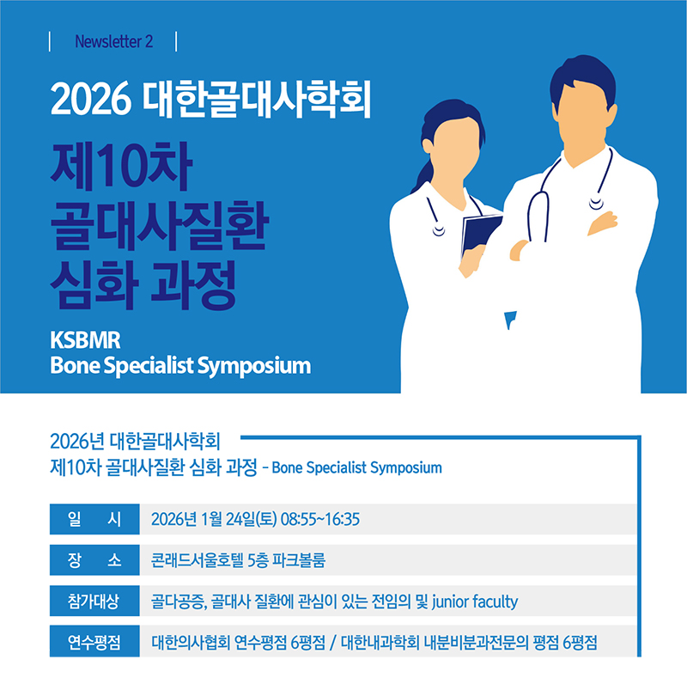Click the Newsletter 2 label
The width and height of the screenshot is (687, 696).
[x=114, y=42]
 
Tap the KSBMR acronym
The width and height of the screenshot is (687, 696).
[x=85, y=340]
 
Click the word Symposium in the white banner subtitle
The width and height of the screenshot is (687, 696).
[x=253, y=367]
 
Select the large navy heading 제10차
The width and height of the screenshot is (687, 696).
[x=121, y=166]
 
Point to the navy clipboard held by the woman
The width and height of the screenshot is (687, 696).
[x=481, y=233]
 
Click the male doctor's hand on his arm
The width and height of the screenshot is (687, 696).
[x=603, y=223]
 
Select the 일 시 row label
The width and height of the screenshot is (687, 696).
[x=94, y=519]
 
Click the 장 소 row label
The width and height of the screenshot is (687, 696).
[x=94, y=560]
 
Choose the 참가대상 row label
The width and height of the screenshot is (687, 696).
[x=94, y=601]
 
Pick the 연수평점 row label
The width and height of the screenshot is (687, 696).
[x=94, y=642]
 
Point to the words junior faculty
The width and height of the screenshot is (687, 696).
[x=475, y=601]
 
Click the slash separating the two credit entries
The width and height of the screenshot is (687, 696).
[x=333, y=643]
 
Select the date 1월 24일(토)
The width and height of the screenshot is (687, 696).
[x=239, y=519]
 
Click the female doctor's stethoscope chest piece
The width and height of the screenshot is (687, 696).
[x=439, y=231]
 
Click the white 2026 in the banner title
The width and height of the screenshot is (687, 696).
[x=91, y=99]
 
